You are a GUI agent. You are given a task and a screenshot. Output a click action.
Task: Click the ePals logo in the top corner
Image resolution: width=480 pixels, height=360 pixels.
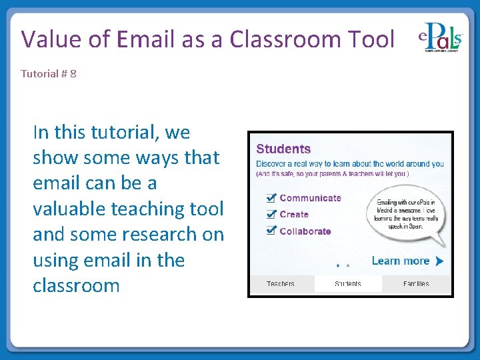(440, 40)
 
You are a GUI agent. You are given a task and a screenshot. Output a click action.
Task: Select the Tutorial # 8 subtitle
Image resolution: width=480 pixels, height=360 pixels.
(49, 73)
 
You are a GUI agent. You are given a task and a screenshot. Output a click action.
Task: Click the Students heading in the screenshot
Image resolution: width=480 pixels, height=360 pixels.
(283, 149)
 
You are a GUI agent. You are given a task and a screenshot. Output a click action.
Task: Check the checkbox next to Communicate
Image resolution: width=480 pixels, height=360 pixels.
(271, 198)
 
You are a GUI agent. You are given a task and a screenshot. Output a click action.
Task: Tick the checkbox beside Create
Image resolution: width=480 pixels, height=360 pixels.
(271, 215)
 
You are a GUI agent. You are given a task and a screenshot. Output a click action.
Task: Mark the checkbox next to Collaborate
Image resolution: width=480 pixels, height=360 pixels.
(271, 231)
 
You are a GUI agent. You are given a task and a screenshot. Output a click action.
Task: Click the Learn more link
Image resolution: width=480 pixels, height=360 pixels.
(400, 261)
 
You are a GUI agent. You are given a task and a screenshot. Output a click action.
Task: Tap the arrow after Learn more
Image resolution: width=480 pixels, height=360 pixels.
(439, 261)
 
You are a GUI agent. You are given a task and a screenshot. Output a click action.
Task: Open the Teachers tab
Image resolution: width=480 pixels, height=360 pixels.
(281, 284)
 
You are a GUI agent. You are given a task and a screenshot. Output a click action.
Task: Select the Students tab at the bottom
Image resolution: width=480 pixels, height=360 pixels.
(347, 284)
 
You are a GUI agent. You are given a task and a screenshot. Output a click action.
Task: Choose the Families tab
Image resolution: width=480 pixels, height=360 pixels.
(416, 284)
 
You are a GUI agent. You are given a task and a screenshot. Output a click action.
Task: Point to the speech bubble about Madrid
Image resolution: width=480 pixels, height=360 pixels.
(406, 214)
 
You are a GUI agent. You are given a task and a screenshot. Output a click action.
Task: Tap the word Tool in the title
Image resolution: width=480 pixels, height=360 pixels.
(371, 39)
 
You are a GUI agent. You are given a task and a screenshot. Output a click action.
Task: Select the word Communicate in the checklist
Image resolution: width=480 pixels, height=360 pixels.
(310, 198)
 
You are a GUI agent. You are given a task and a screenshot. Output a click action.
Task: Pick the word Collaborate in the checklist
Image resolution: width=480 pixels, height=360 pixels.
(305, 231)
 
